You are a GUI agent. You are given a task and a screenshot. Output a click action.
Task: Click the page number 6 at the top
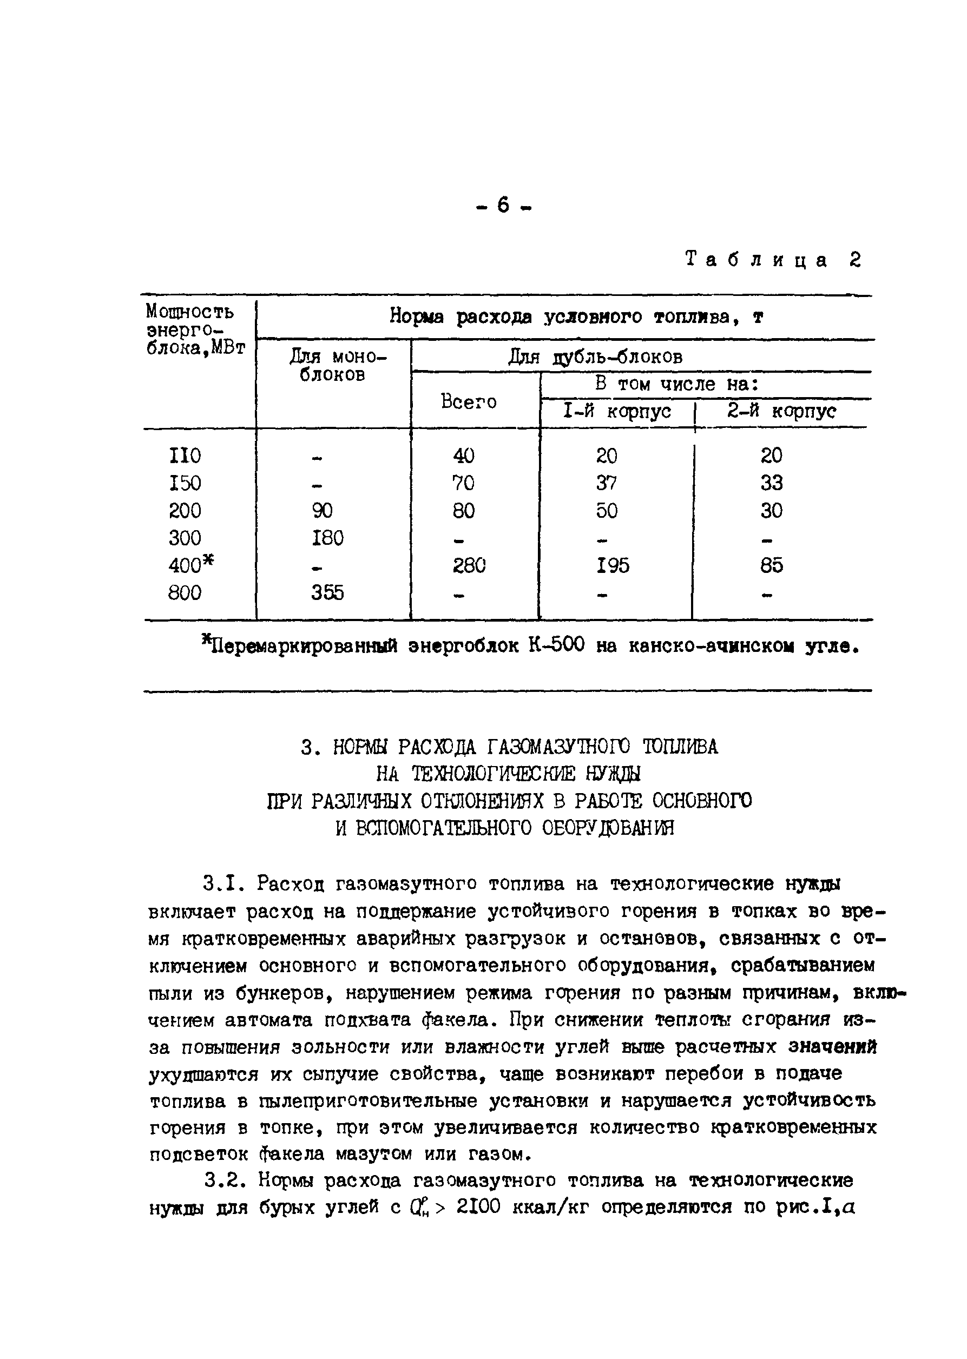click(x=503, y=206)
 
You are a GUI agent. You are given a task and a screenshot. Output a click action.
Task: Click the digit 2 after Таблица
click(x=855, y=260)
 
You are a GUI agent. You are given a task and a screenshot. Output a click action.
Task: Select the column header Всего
click(x=469, y=402)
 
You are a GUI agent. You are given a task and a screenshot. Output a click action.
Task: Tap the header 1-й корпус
click(x=617, y=411)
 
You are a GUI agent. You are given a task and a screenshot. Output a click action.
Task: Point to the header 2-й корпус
click(x=781, y=411)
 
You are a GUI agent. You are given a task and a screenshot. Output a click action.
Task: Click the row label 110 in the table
click(x=185, y=456)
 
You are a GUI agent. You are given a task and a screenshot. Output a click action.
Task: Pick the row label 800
click(x=185, y=592)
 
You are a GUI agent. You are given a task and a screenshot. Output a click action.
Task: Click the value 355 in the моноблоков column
click(x=327, y=592)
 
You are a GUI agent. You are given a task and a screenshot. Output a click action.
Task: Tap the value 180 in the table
click(x=327, y=538)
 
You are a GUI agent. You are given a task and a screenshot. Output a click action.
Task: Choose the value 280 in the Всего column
click(x=469, y=565)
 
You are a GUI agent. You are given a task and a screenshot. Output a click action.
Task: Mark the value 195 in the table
click(x=613, y=565)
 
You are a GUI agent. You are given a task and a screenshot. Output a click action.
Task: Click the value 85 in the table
click(x=771, y=565)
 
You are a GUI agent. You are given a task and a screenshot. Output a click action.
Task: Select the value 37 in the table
click(x=607, y=483)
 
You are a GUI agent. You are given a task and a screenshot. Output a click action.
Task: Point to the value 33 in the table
click(x=771, y=483)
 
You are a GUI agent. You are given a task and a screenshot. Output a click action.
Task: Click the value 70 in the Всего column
click(x=463, y=483)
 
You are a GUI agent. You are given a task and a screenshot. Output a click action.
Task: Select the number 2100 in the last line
click(x=479, y=1207)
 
